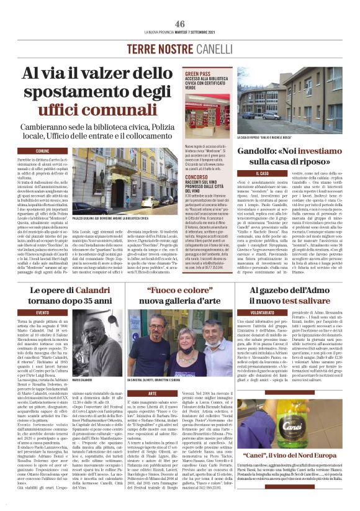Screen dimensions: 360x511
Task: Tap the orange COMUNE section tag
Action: (x=43, y=151)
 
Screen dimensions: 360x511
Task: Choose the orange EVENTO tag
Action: (x=43, y=312)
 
